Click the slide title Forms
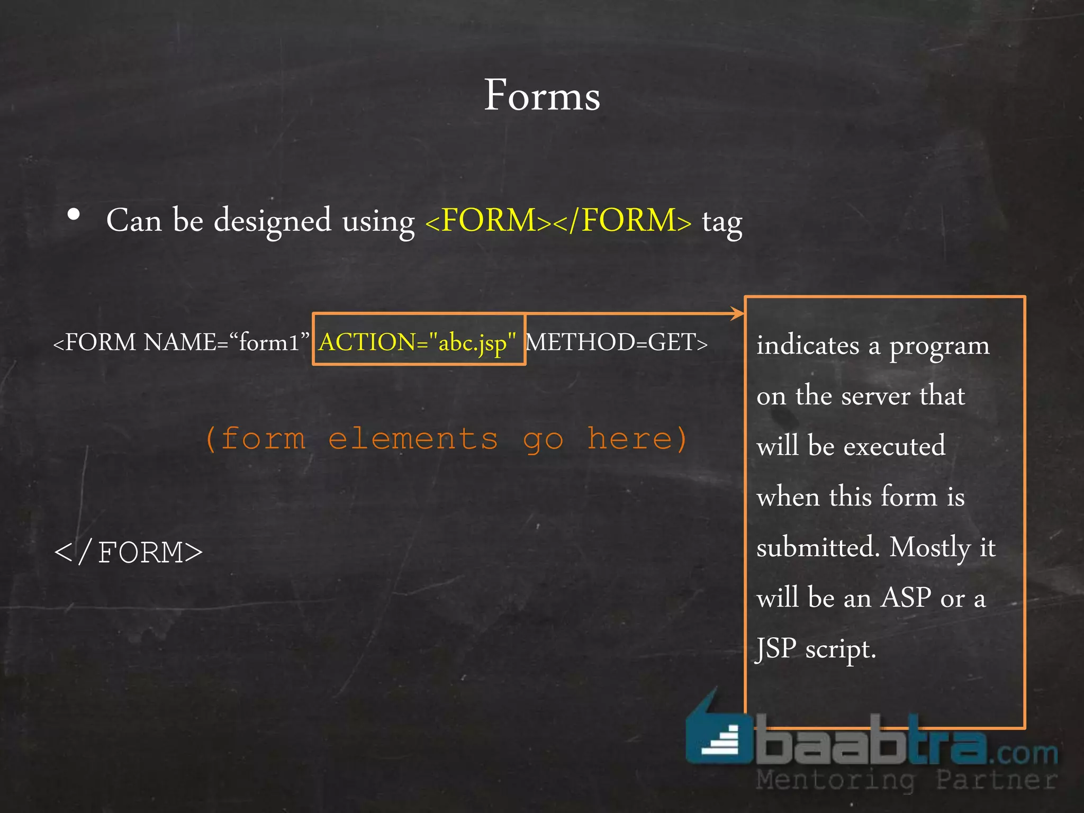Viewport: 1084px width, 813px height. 542,95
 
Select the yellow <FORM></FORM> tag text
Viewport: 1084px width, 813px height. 558,220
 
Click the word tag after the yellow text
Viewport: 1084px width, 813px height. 722,222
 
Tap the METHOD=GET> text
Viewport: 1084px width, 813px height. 617,342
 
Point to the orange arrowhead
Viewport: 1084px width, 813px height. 737,313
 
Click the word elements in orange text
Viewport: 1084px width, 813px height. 413,439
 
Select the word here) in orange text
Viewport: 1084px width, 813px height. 637,439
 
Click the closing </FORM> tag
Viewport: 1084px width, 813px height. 129,553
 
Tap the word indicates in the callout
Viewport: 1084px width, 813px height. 808,346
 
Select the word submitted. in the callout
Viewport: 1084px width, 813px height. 818,547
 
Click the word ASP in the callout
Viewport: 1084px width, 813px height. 906,598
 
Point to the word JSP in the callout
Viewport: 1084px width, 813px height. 776,648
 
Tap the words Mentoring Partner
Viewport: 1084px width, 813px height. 906,780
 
